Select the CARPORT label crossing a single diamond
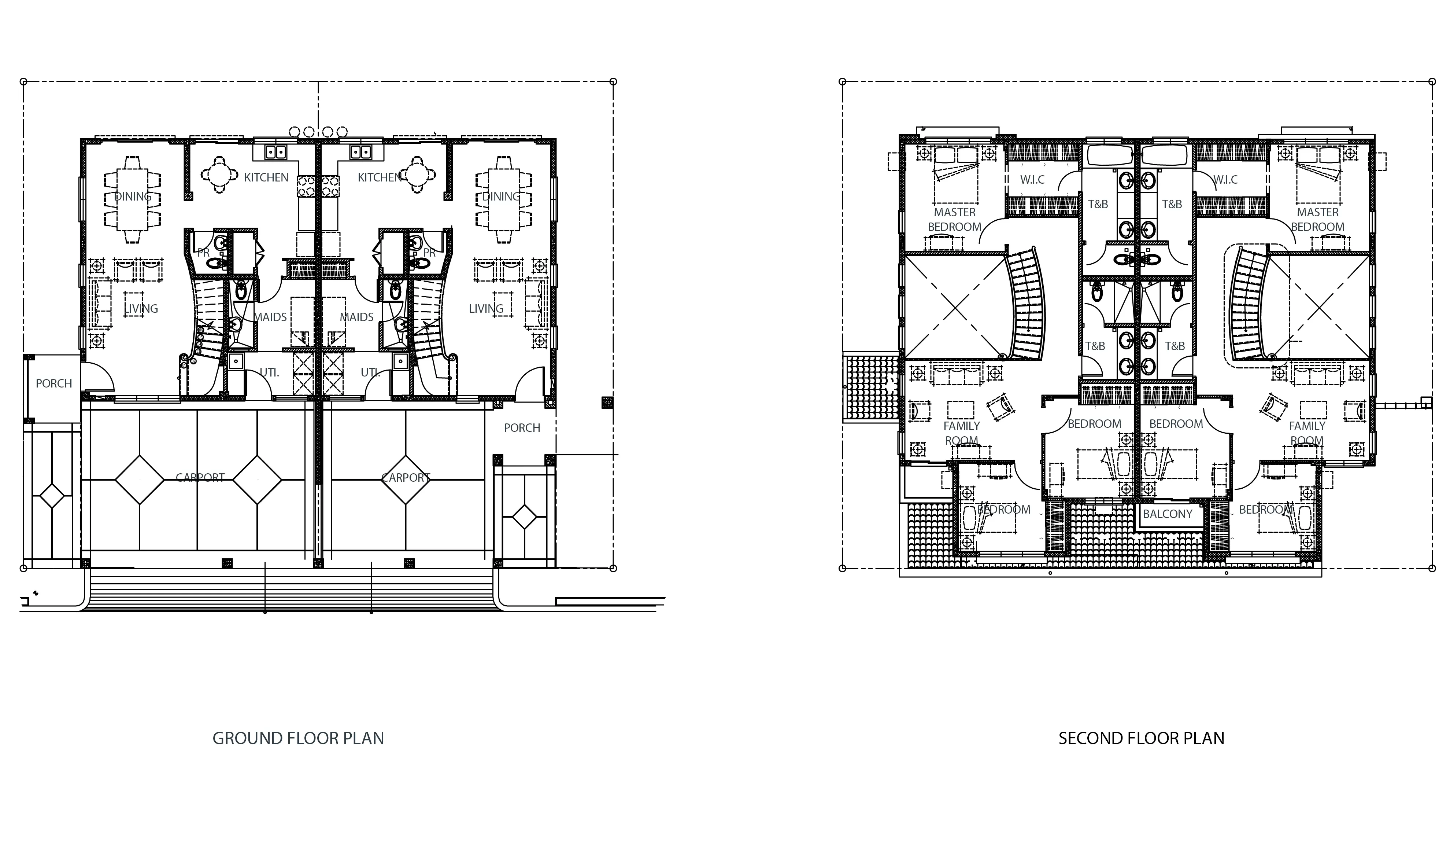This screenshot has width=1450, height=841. click(406, 478)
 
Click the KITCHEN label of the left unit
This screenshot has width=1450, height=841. click(266, 177)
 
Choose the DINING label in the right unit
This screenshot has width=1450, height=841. click(500, 196)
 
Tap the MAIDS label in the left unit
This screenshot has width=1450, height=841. click(270, 317)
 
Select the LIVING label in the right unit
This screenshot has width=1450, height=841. click(486, 309)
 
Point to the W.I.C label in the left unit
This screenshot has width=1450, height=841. click(1032, 180)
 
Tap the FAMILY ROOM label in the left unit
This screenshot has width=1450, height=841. click(962, 433)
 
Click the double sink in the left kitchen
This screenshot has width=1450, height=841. click(275, 152)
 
